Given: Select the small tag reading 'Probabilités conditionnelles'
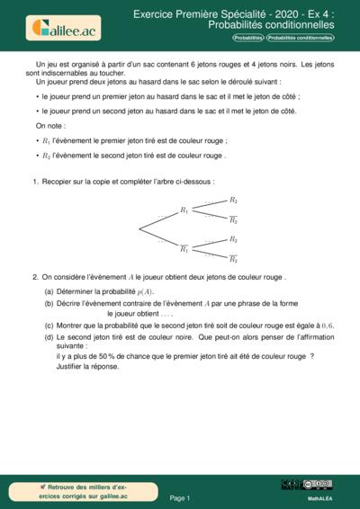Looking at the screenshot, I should tap(300, 39).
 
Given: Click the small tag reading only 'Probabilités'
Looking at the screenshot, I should tap(247, 39).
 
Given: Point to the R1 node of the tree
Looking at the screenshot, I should tap(184, 210).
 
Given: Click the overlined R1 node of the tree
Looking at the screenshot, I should tap(184, 248).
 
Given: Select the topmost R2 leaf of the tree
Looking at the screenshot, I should tap(233, 200).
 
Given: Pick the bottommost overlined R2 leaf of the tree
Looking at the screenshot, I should tap(233, 259).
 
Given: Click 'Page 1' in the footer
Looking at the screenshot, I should tap(180, 496).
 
